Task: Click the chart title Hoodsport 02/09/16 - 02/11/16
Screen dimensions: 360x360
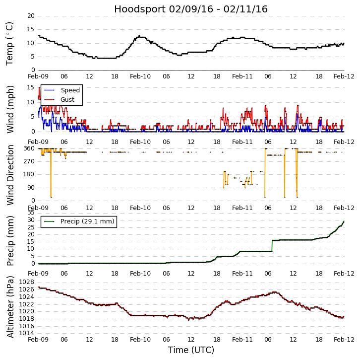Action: click(x=190, y=9)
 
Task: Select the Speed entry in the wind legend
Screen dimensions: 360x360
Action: click(x=70, y=90)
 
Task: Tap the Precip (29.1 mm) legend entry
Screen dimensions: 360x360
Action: click(x=87, y=221)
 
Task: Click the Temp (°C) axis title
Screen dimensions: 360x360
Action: click(x=10, y=43)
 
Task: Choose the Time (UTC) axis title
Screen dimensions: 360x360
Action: click(x=191, y=350)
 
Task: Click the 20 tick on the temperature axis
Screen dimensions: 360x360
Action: click(x=31, y=16)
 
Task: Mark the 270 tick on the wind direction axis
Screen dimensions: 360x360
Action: click(x=29, y=161)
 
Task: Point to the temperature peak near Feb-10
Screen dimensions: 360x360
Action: click(x=139, y=36)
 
